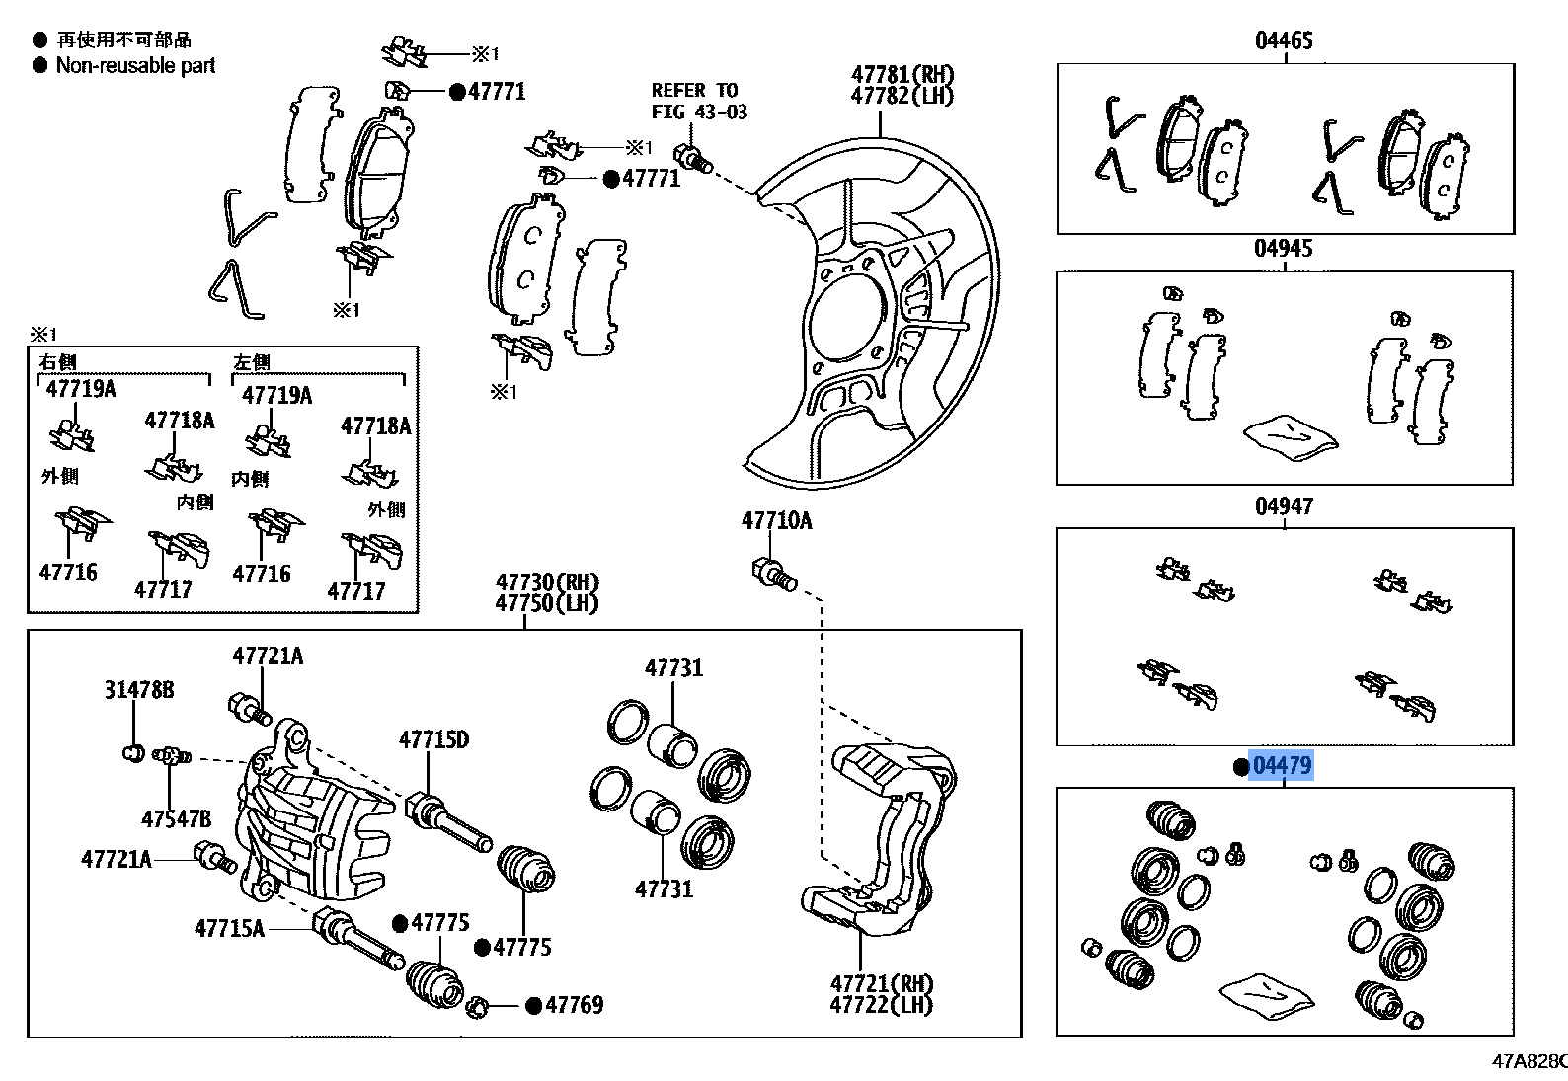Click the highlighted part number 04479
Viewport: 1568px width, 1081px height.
[x=1282, y=765]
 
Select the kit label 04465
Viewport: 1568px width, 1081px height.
[x=1284, y=40]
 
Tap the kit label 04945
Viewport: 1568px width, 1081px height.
[x=1283, y=248]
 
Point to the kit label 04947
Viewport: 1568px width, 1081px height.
[x=1284, y=506]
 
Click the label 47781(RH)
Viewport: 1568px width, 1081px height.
[x=902, y=75]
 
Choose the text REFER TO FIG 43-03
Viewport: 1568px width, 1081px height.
[x=698, y=101]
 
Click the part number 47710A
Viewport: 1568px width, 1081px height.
[x=776, y=520]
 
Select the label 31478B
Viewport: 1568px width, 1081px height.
[x=138, y=690]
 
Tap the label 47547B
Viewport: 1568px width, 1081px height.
[x=176, y=818]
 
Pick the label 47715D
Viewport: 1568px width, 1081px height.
[x=433, y=739]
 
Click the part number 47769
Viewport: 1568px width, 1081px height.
[x=574, y=1005]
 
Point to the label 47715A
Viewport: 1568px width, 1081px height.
[x=229, y=928]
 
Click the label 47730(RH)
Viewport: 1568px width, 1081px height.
[x=547, y=582]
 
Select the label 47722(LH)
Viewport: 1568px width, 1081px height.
[x=881, y=1005]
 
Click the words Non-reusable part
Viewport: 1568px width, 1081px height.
[x=135, y=66]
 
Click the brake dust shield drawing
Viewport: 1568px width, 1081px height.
[x=869, y=316]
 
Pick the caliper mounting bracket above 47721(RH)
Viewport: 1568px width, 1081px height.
[x=879, y=839]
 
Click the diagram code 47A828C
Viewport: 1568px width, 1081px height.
[x=1529, y=1061]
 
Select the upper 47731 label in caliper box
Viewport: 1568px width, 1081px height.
[x=673, y=668]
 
